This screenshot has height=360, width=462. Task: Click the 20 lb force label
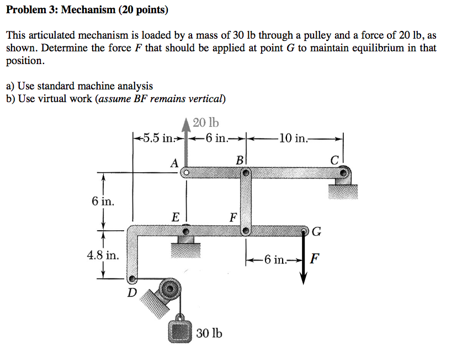pos(206,123)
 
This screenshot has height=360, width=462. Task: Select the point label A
pos(174,163)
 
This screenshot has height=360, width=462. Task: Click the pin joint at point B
pos(246,173)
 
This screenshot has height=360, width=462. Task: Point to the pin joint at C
pos(344,173)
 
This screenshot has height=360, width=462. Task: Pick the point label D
pos(131,292)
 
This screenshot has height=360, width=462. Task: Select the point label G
pos(316,231)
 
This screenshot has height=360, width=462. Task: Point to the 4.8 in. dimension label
pos(103,255)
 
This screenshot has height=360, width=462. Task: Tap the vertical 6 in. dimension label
pos(103,201)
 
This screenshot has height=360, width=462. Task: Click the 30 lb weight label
pos(209,333)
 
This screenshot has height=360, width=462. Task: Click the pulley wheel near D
pos(169,289)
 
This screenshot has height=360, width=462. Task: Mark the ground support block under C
pos(342,191)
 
